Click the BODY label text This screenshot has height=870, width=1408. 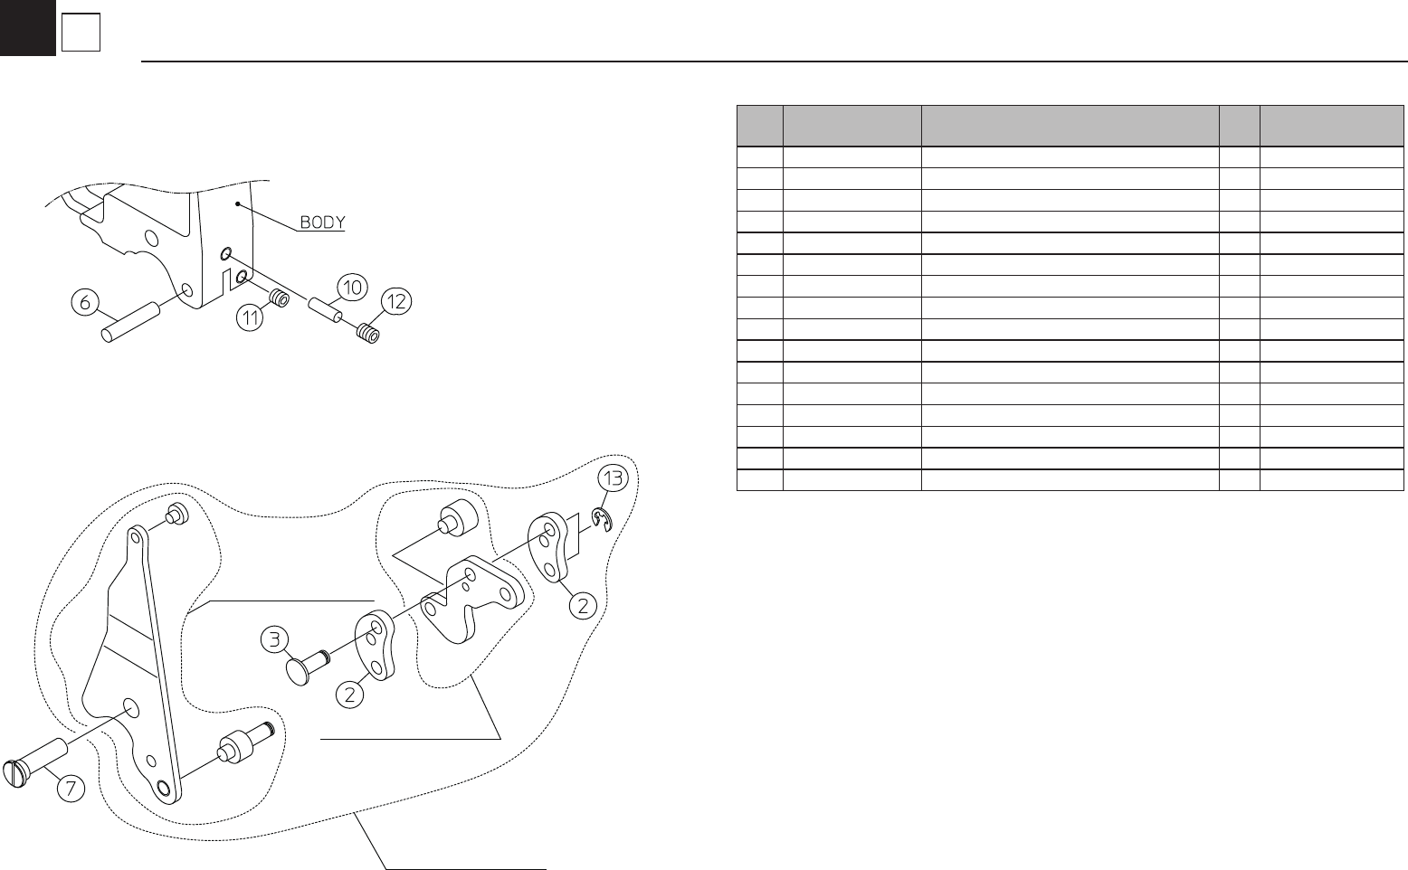(322, 222)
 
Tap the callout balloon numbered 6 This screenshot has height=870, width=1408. (86, 304)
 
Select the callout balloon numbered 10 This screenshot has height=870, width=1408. (352, 288)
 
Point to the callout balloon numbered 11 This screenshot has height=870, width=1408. (250, 317)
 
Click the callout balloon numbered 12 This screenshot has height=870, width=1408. (395, 303)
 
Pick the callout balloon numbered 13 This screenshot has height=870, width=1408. (614, 479)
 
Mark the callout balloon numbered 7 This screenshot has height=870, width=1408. (70, 788)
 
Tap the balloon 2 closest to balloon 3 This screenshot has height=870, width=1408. (350, 695)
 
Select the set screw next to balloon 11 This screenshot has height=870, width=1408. (279, 298)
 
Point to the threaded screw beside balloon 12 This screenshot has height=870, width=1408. (366, 334)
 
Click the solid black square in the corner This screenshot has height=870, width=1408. (27, 27)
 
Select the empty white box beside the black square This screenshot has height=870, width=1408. (81, 34)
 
